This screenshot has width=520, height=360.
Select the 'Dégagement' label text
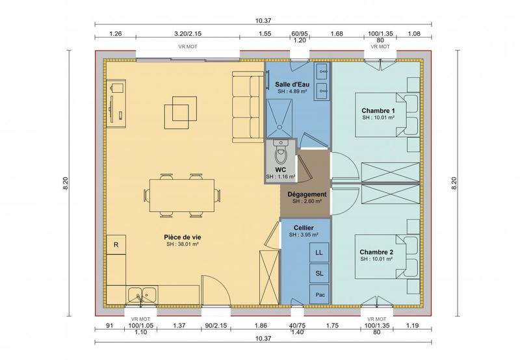point(306,194)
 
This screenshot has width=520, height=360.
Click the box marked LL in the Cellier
point(318,252)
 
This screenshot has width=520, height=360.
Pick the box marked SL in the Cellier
point(318,274)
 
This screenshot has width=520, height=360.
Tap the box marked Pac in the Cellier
point(318,294)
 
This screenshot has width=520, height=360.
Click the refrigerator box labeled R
point(116,245)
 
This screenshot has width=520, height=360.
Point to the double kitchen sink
point(141,294)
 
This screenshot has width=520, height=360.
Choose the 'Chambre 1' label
point(378,110)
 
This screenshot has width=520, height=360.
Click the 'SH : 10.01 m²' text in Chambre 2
point(378,259)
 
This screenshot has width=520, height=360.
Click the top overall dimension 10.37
point(263,21)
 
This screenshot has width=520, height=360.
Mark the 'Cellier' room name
point(304,227)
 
